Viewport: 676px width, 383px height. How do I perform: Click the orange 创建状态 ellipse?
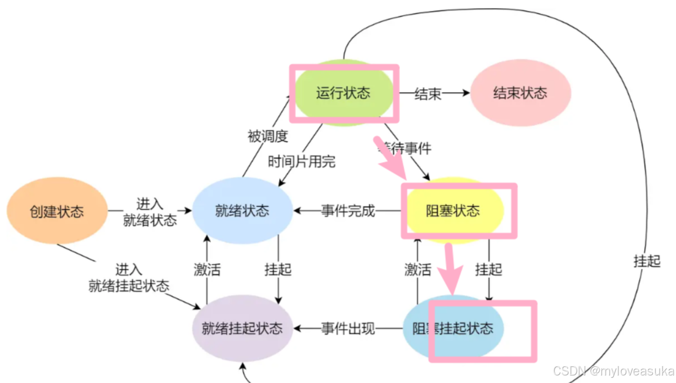pyautogui.click(x=57, y=211)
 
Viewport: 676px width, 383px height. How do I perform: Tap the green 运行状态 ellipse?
pyautogui.click(x=343, y=93)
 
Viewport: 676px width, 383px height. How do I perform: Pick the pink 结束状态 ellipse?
pyautogui.click(x=520, y=93)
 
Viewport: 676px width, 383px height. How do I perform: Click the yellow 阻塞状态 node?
pyautogui.click(x=453, y=211)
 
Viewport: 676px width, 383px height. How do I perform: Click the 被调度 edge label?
pyautogui.click(x=267, y=136)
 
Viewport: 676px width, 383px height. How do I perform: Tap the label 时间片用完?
pyautogui.click(x=301, y=162)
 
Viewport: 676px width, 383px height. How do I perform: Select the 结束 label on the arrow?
pyautogui.click(x=428, y=93)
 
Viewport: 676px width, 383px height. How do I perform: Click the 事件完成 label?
pyautogui.click(x=348, y=211)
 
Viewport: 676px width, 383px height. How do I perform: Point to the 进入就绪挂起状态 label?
pyautogui.click(x=128, y=278)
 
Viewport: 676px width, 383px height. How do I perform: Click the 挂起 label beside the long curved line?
pyautogui.click(x=647, y=261)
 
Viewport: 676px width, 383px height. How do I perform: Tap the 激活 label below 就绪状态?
pyautogui.click(x=207, y=269)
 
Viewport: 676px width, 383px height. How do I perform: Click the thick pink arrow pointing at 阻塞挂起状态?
pyautogui.click(x=452, y=269)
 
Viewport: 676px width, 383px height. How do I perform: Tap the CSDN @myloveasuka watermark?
pyautogui.click(x=613, y=371)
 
